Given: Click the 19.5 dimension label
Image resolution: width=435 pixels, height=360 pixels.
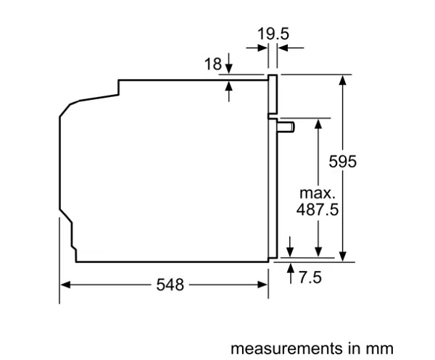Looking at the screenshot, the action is pos(273,34).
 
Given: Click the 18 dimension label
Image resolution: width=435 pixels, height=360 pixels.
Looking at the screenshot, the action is pos(213,64).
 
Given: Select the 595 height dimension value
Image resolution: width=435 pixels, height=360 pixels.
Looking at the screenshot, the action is pos(343,162).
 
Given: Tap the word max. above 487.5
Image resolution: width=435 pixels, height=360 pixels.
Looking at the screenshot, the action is pos(318,193).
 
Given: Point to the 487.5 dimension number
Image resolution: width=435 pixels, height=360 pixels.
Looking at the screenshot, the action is pos(318,209).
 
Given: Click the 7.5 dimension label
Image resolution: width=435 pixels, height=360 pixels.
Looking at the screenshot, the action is pos(310,277).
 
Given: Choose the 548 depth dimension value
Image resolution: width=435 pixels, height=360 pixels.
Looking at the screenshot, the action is pos(170,285).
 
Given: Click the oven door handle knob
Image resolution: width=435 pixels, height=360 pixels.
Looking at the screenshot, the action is pos(286,127).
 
